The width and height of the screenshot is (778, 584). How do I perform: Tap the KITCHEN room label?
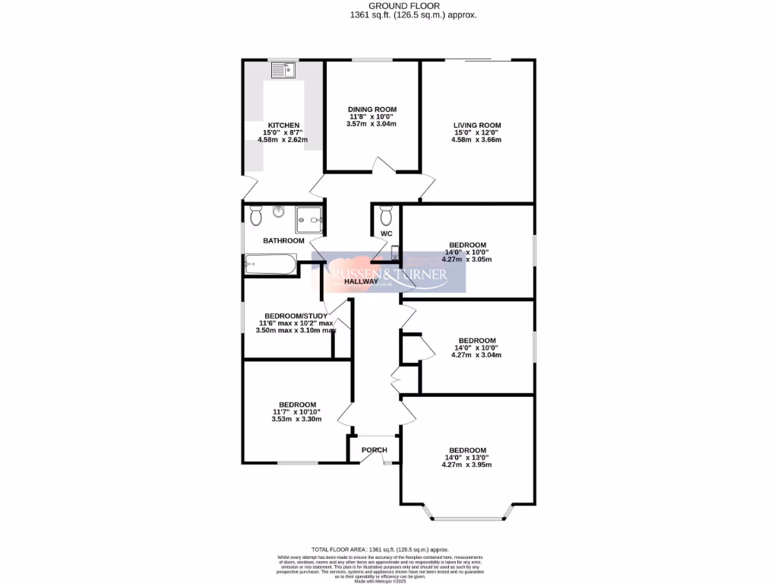pyautogui.click(x=283, y=125)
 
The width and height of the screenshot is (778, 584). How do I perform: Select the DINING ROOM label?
pyautogui.click(x=372, y=109)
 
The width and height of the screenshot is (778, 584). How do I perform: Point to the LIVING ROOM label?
pyautogui.click(x=477, y=125)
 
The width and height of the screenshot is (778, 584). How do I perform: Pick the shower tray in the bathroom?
pyautogui.click(x=310, y=218)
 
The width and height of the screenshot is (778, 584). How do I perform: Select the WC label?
pyautogui.click(x=386, y=233)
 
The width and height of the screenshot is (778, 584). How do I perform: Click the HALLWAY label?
pyautogui.click(x=360, y=282)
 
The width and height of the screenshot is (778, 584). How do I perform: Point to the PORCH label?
pyautogui.click(x=374, y=450)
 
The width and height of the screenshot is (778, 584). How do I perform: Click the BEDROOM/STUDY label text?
pyautogui.click(x=296, y=316)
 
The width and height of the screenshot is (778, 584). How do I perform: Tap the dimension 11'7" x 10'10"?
pyautogui.click(x=297, y=412)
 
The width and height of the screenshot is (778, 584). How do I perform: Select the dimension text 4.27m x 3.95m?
pyautogui.click(x=467, y=465)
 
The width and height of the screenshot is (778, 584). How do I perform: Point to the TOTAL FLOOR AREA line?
pyautogui.click(x=380, y=549)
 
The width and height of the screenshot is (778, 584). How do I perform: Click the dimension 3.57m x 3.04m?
pyautogui.click(x=372, y=124)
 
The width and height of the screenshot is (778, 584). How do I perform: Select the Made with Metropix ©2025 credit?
pyautogui.click(x=380, y=582)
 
